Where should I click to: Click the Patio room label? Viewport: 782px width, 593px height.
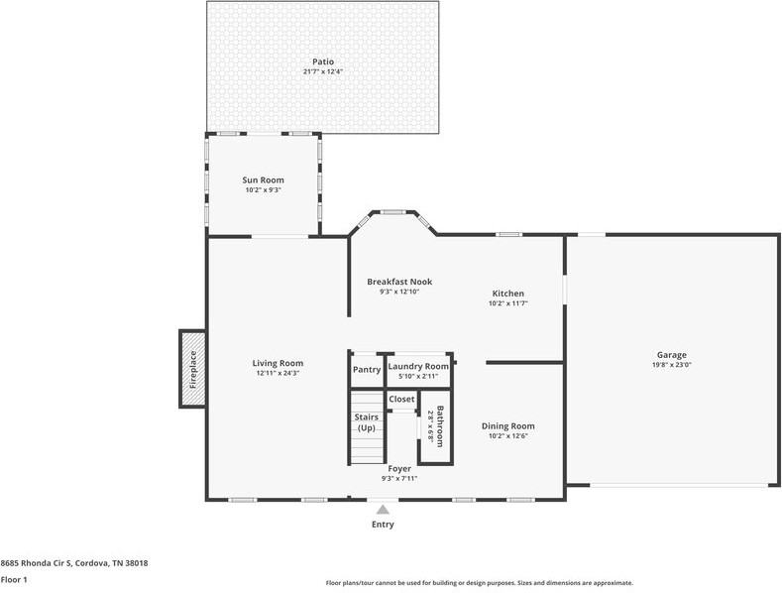click(323, 61)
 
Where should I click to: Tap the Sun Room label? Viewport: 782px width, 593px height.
click(264, 179)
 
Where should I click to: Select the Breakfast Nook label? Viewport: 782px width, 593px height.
click(399, 282)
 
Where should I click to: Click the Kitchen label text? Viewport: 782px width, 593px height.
click(507, 294)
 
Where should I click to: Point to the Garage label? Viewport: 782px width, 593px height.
click(671, 355)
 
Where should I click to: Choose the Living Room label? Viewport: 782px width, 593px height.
click(278, 363)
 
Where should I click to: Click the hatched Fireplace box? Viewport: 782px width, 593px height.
click(192, 368)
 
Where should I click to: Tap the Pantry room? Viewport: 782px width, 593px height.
click(367, 370)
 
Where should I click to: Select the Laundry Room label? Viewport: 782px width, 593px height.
click(418, 366)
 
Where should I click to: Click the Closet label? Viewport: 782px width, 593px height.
click(401, 399)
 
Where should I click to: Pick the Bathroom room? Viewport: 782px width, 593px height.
click(435, 426)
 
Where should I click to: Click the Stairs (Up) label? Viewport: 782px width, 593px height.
click(366, 422)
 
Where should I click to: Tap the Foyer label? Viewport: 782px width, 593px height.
click(399, 468)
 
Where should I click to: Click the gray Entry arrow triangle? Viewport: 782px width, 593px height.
click(383, 509)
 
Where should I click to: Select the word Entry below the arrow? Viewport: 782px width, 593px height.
click(383, 525)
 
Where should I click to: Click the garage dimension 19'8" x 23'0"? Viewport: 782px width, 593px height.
click(671, 365)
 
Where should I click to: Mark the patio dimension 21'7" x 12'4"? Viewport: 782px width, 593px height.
click(323, 71)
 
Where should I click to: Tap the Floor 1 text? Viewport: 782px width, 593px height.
click(14, 579)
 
